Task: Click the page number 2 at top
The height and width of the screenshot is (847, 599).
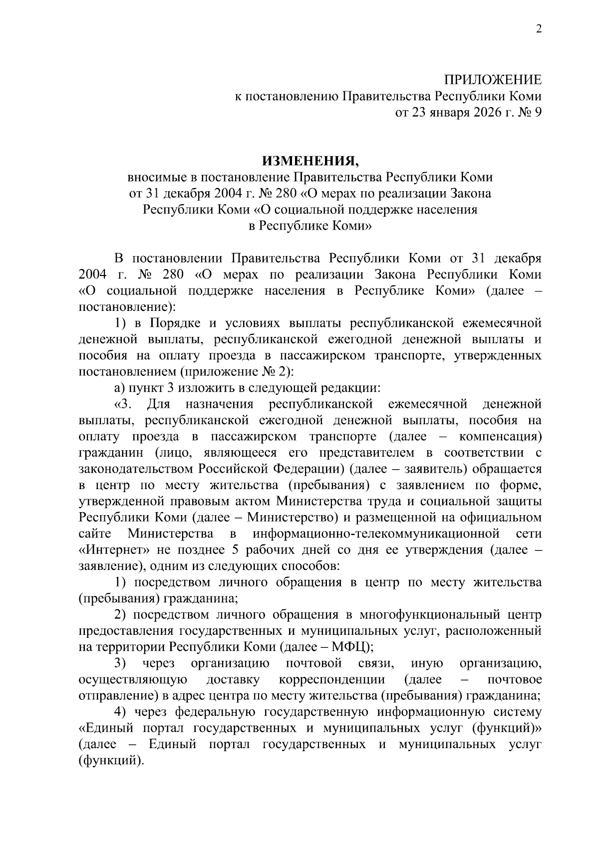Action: [x=538, y=29]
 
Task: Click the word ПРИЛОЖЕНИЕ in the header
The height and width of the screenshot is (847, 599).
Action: [x=493, y=80]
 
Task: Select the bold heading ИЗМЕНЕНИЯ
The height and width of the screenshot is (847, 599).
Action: [x=310, y=161]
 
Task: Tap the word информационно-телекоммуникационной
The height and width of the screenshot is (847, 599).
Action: [x=376, y=534]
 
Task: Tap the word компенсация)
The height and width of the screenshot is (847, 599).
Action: [x=500, y=437]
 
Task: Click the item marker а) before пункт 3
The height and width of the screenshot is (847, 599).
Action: [x=119, y=388]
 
